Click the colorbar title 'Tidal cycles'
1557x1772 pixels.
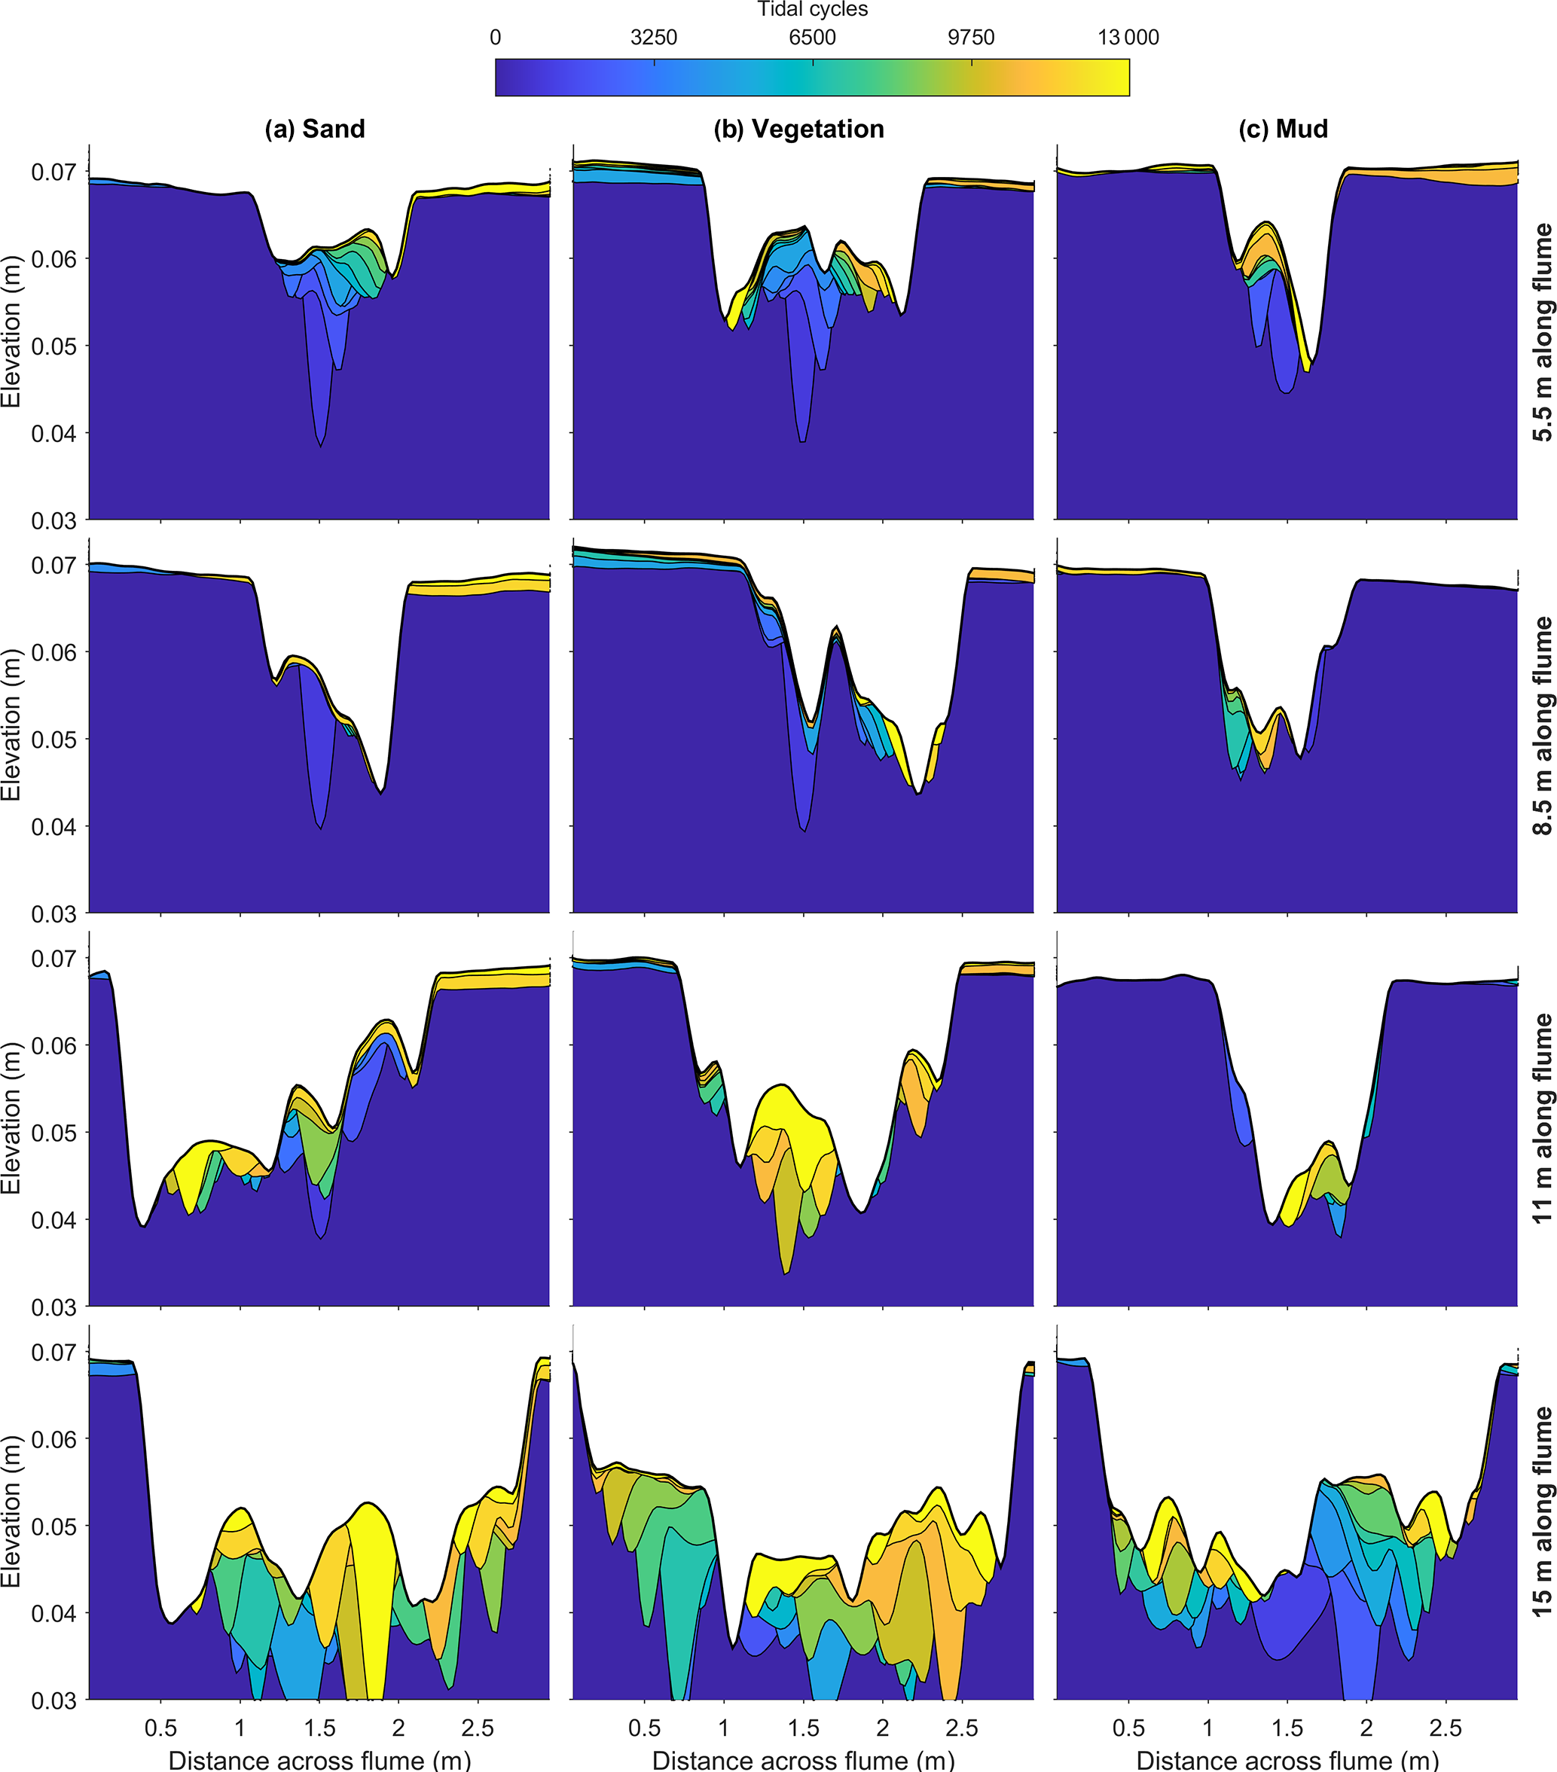click(811, 10)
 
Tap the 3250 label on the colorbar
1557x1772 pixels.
click(654, 38)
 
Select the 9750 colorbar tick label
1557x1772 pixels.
click(971, 38)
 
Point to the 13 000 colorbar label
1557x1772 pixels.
click(1127, 38)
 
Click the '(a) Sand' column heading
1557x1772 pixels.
click(315, 130)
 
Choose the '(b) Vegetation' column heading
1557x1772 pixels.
click(798, 130)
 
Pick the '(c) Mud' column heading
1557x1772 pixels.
click(1283, 130)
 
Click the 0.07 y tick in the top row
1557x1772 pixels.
click(53, 172)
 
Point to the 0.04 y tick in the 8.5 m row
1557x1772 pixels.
click(53, 827)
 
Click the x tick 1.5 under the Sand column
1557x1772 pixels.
click(319, 1728)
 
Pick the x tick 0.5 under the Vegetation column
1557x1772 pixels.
click(644, 1728)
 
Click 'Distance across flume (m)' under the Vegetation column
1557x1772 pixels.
click(803, 1760)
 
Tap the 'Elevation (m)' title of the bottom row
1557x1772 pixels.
click(11, 1512)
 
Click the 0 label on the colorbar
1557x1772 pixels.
click(495, 38)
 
